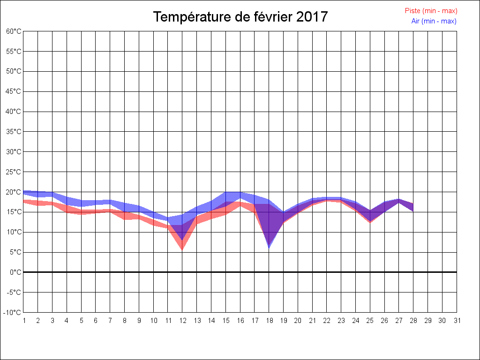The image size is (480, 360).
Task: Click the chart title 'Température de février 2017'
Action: click(x=240, y=17)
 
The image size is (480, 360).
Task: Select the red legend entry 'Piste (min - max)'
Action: click(x=431, y=11)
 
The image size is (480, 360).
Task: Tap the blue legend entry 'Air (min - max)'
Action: click(x=434, y=21)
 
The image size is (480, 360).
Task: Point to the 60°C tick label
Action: click(x=14, y=31)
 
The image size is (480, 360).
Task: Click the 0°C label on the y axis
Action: click(x=15, y=272)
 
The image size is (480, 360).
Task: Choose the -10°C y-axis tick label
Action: click(x=13, y=313)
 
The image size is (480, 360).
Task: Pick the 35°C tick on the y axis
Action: click(x=14, y=132)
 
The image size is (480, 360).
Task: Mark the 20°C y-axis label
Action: click(x=14, y=192)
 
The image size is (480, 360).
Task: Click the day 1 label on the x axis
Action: click(x=24, y=321)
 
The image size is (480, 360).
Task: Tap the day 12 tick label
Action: click(x=183, y=321)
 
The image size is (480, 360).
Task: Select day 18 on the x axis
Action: click(x=269, y=321)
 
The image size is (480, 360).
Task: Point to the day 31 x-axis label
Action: click(x=457, y=321)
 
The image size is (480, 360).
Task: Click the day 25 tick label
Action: click(x=370, y=321)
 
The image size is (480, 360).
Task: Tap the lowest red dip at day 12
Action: click(x=182, y=248)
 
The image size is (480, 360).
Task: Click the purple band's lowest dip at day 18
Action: click(x=269, y=246)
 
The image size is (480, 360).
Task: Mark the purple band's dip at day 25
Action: click(x=370, y=220)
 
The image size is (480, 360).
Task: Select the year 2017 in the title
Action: click(x=312, y=17)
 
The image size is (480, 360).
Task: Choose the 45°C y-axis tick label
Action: click(x=14, y=91)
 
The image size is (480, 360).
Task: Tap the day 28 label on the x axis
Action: click(x=413, y=321)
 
